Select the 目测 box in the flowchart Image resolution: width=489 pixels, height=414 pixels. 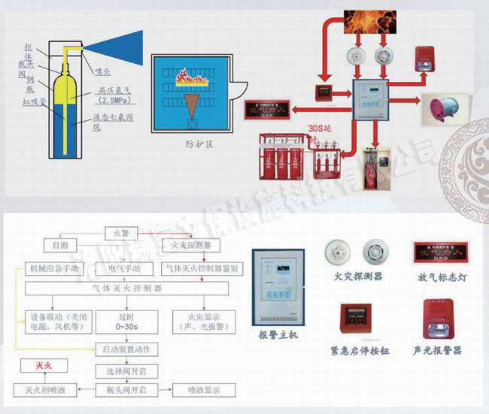tap(59, 246)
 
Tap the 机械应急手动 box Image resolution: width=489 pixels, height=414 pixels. tap(55, 267)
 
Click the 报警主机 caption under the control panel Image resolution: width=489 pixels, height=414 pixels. tap(278, 334)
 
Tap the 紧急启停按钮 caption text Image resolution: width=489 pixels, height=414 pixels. tap(354, 350)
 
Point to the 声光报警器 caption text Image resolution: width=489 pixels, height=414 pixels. tap(438, 350)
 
